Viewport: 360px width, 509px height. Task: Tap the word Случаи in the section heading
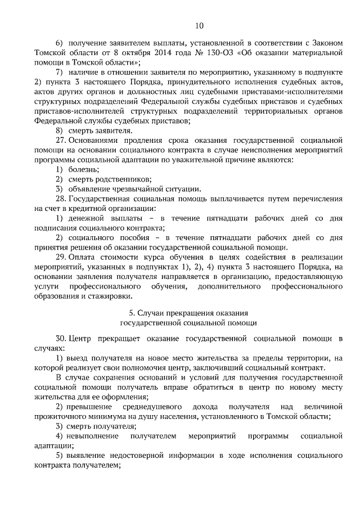154,313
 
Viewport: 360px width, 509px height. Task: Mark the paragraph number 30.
61,338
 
